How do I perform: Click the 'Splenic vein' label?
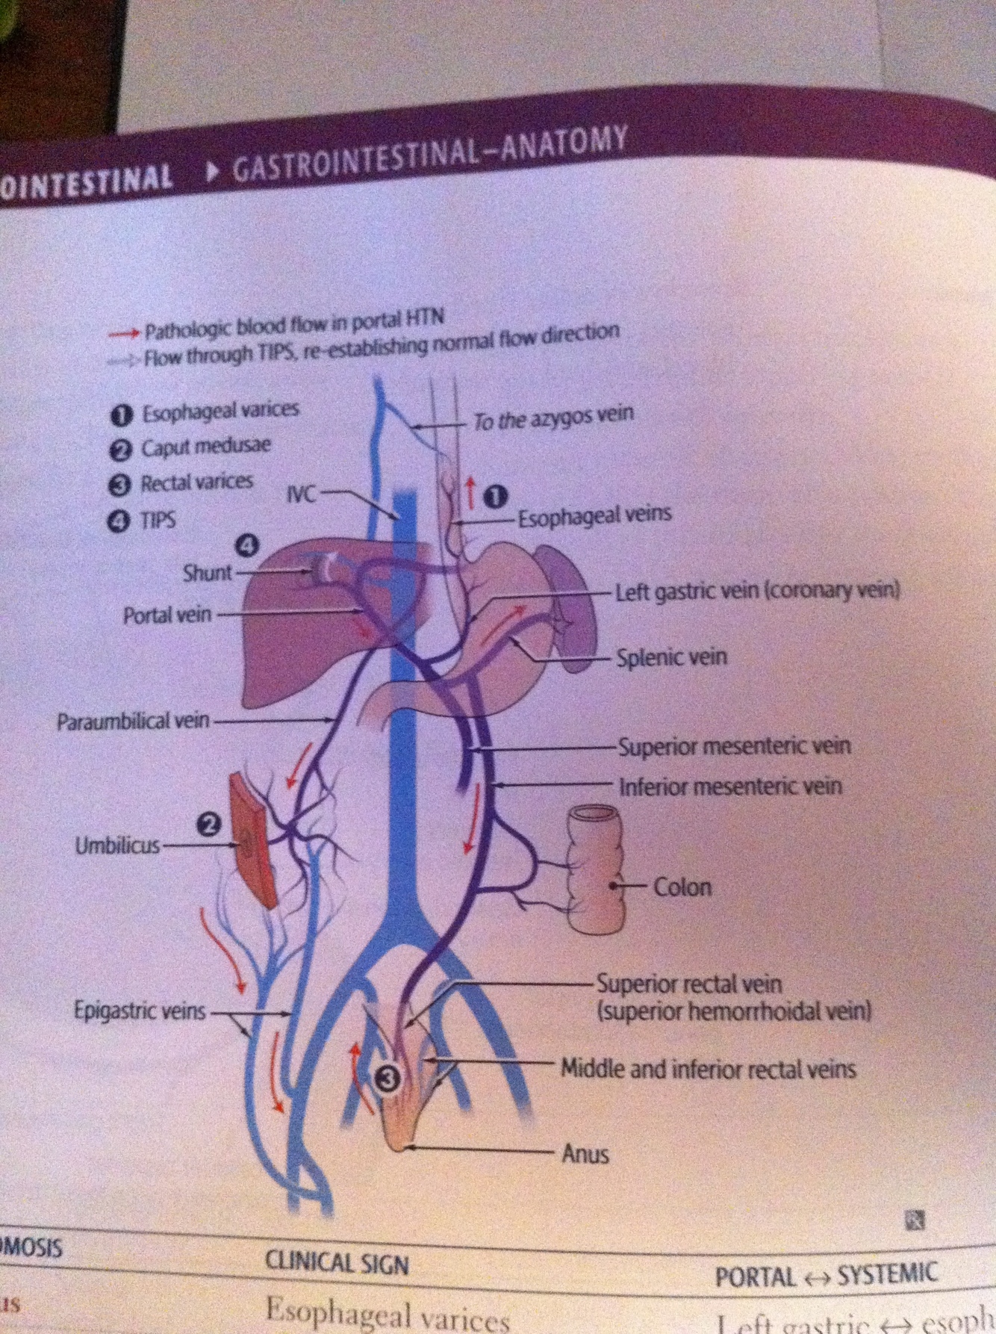click(671, 658)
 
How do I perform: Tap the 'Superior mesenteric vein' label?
click(734, 746)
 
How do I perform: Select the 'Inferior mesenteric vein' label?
click(730, 787)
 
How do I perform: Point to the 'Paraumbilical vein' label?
click(133, 722)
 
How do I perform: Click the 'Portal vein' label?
click(167, 615)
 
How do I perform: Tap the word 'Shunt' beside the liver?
click(207, 573)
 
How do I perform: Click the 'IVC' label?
click(301, 494)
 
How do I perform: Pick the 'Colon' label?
click(682, 887)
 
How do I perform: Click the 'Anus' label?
click(585, 1154)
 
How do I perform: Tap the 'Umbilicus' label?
click(117, 846)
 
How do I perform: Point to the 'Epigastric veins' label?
click(139, 1011)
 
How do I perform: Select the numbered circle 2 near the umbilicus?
click(210, 825)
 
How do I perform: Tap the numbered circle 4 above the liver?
click(247, 546)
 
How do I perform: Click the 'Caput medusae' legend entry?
click(206, 447)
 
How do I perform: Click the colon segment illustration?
click(595, 870)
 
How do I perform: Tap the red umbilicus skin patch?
click(252, 840)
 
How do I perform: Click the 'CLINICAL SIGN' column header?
click(337, 1263)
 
